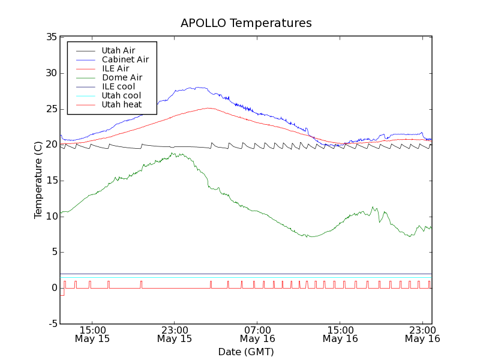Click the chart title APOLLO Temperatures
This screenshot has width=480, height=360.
click(x=246, y=23)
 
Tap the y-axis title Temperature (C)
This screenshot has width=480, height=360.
click(x=38, y=180)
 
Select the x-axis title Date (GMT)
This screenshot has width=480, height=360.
click(x=246, y=352)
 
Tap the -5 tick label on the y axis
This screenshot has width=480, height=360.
click(x=52, y=323)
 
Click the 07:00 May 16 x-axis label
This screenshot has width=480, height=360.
click(x=257, y=334)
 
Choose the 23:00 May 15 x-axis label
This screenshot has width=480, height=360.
click(x=175, y=334)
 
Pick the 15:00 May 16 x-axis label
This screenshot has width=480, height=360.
click(x=340, y=334)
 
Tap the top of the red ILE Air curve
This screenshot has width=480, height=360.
click(x=208, y=108)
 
